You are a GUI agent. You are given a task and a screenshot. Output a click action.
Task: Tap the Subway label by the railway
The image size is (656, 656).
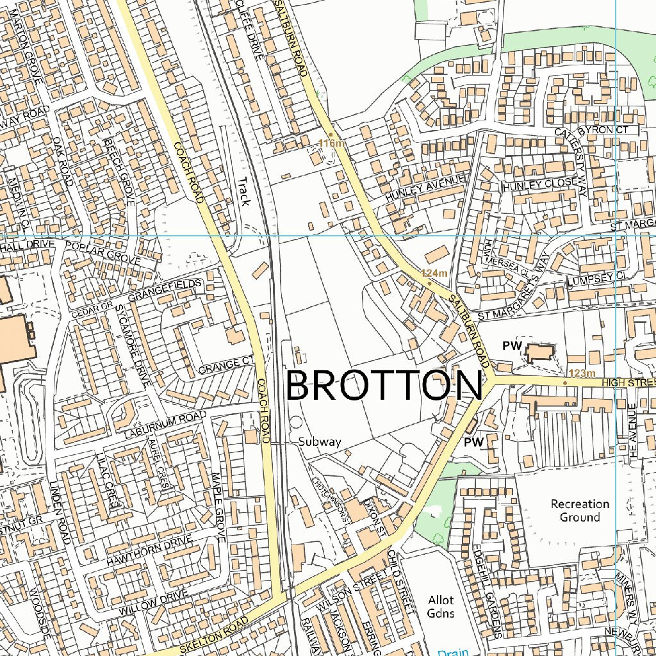tap(320, 442)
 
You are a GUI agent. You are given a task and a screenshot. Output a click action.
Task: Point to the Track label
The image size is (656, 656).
tap(243, 191)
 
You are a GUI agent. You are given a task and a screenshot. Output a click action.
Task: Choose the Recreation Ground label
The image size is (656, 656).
tap(580, 511)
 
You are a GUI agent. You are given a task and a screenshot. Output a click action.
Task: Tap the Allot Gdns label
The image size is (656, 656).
tap(441, 607)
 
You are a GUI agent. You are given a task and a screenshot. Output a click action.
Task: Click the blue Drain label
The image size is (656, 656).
tap(453, 652)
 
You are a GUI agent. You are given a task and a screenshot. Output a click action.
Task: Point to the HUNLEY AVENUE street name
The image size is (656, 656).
tap(424, 190)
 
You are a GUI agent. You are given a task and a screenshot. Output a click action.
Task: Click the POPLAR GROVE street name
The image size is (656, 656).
tap(102, 252)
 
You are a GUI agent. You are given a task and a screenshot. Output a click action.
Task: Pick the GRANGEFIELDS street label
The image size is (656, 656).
tap(165, 290)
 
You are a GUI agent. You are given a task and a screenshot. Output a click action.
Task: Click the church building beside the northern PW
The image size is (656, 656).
tap(540, 352)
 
